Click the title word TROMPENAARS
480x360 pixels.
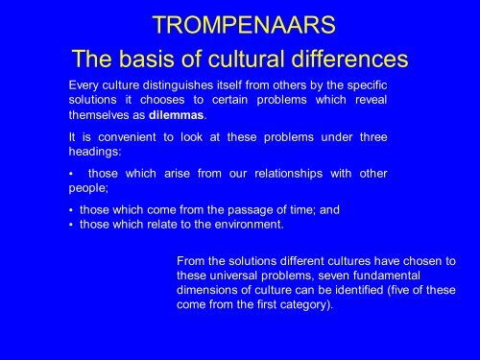(244, 25)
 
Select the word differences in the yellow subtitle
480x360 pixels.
(349, 59)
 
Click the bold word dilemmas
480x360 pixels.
(177, 115)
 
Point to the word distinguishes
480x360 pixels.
(178, 85)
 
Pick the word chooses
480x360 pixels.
(162, 100)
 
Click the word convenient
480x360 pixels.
(127, 137)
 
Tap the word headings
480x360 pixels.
(95, 152)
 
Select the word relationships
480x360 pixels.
(288, 174)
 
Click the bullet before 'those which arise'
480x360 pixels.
(71, 175)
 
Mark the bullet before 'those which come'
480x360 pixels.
(71, 211)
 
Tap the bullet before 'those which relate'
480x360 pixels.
(71, 225)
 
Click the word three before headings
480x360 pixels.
(373, 137)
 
